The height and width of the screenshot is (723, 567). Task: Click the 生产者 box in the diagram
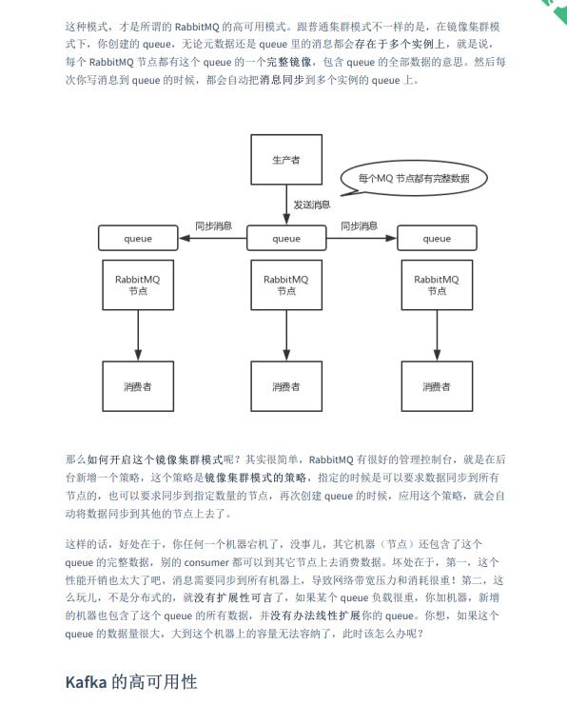tap(286, 160)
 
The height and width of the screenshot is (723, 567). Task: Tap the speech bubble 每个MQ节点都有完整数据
tap(414, 178)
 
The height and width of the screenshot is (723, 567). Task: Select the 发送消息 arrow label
tap(312, 205)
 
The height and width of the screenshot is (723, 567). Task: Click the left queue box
tap(138, 238)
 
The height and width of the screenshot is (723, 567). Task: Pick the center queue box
tap(286, 238)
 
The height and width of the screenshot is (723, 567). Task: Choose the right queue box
tap(437, 238)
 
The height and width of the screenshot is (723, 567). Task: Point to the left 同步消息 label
tap(213, 225)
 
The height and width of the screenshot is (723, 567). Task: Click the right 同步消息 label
tap(359, 225)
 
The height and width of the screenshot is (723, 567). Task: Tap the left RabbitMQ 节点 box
tap(138, 284)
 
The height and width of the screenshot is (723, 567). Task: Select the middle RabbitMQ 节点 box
tap(286, 284)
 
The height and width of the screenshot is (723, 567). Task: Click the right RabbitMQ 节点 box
tap(437, 284)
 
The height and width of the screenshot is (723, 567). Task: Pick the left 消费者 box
tap(138, 386)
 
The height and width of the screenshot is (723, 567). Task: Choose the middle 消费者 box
tap(286, 386)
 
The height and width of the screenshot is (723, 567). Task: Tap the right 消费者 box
tap(437, 386)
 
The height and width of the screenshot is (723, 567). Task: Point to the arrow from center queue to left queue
tap(213, 238)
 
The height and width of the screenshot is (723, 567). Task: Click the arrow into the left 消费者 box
tap(138, 338)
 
